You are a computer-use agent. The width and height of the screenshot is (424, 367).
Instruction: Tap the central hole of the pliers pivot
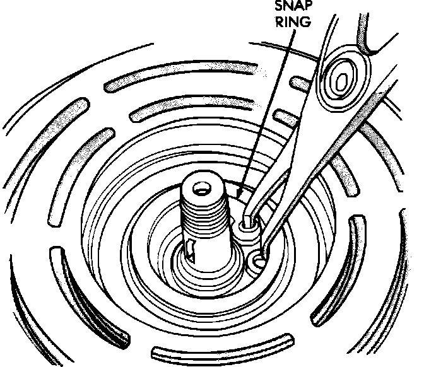[341, 81]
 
